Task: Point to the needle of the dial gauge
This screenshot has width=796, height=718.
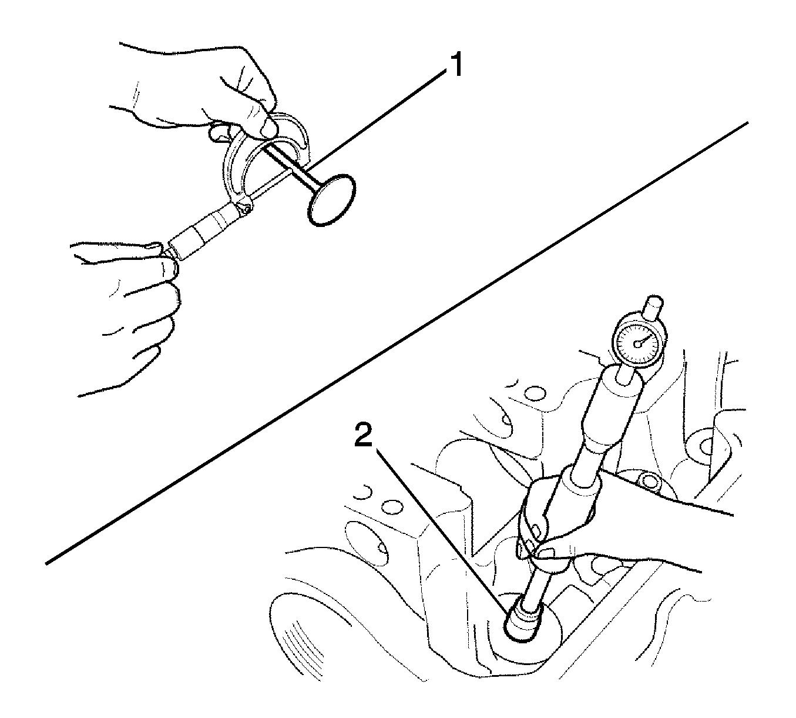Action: point(646,338)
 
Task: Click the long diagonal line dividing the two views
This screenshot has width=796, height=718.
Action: point(397,343)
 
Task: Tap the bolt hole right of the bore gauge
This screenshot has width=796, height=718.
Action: point(649,481)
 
